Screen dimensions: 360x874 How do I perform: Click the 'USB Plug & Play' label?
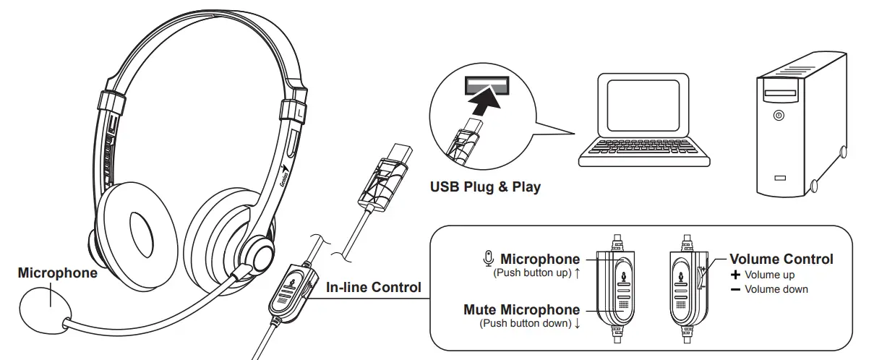pos(485,187)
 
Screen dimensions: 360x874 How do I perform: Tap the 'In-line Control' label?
pos(373,287)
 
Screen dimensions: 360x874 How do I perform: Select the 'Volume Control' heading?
pos(781,259)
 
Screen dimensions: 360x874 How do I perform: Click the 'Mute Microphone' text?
pos(521,310)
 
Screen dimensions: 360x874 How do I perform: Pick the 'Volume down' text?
pos(776,289)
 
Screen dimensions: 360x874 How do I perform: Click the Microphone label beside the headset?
pos(57,273)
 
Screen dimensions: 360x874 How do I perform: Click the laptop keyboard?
pos(642,147)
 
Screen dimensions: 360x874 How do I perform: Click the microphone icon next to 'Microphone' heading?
pos(489,259)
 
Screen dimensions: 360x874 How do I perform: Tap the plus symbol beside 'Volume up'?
pos(736,275)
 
